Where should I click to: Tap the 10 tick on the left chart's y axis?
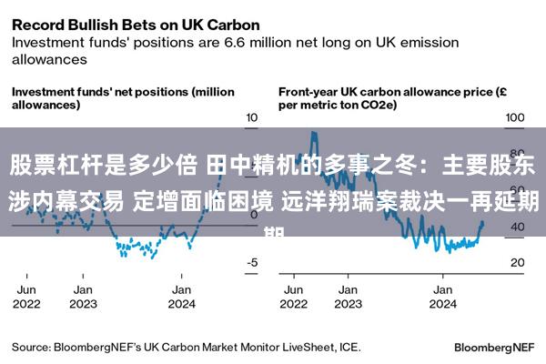pos(252,117)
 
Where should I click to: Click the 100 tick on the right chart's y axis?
pos(515,117)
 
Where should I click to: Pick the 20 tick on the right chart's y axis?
pos(516,262)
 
